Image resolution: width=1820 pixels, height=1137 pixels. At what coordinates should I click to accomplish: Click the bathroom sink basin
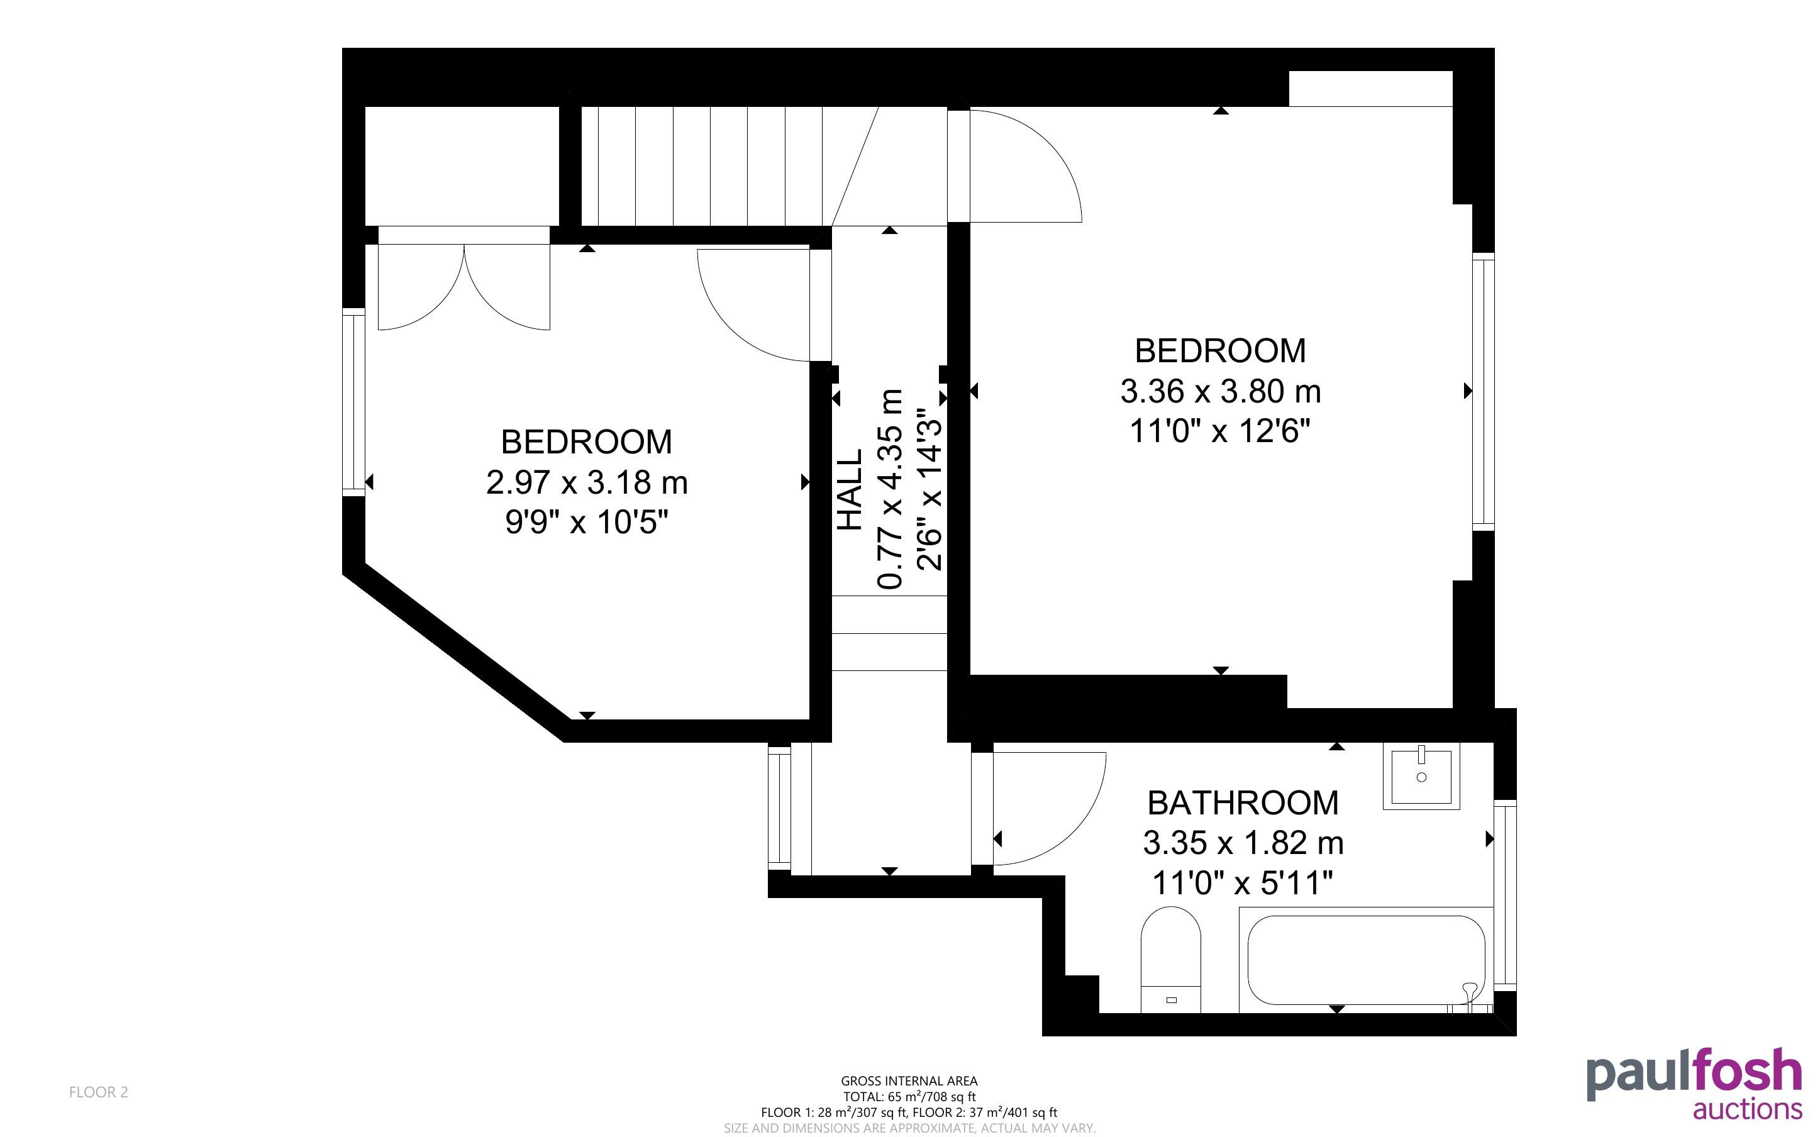click(1421, 777)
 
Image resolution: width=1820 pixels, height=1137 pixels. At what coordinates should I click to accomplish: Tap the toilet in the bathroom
click(1170, 960)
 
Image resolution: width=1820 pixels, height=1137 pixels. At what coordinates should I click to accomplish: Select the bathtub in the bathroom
click(1366, 960)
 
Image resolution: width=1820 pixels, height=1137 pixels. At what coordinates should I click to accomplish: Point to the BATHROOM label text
click(1243, 803)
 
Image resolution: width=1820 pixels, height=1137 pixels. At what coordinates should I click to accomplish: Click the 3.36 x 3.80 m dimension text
click(1220, 391)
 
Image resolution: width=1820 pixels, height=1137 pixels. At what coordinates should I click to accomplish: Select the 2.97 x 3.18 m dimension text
click(586, 482)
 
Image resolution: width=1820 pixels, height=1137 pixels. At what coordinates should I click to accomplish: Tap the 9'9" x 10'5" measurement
click(586, 522)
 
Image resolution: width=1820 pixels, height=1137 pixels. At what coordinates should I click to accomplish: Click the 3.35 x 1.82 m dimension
click(1243, 843)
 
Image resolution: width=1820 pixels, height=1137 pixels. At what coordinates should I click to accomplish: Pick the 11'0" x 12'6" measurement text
click(1220, 431)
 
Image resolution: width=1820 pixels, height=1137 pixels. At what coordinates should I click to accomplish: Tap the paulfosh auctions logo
click(1694, 1084)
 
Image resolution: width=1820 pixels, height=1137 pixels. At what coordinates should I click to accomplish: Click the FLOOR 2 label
click(99, 1092)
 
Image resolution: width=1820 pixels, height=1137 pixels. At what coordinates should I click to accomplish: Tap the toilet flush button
click(1170, 1000)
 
